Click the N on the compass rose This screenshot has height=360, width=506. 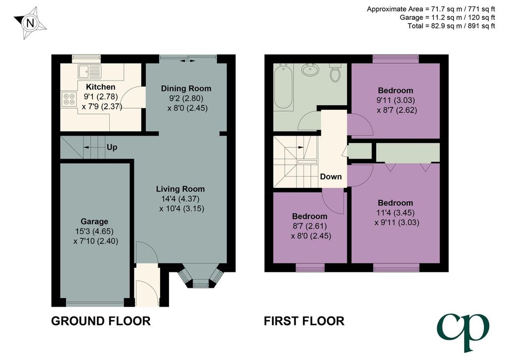tap(30, 23)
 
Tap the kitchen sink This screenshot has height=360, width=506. tap(89, 71)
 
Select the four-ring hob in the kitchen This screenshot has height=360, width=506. tap(69, 99)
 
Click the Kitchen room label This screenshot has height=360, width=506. tap(100, 87)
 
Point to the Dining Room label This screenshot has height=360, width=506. tap(186, 89)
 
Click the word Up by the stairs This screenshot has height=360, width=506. tap(112, 147)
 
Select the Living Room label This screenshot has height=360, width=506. tap(180, 189)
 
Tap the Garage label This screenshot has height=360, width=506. tap(94, 222)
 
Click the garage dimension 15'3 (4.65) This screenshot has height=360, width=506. tap(94, 231)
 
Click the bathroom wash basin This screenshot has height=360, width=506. tap(310, 70)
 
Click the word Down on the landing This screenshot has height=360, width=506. tap(331, 177)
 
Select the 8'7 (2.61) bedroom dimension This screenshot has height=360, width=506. tap(309, 226)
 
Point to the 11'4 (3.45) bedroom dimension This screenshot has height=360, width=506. tap(395, 213)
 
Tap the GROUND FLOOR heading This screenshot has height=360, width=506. tap(101, 321)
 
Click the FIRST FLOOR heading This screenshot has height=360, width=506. tap(304, 321)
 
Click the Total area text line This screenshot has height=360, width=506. tap(451, 26)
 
